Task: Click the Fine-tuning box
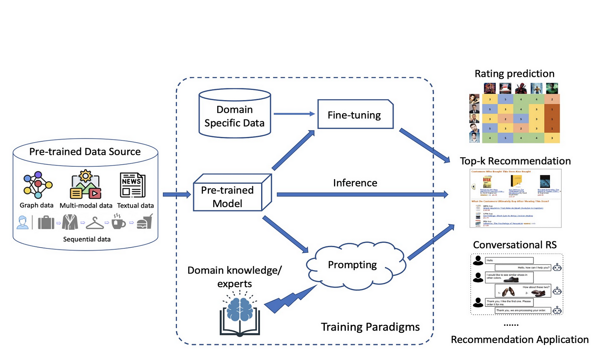(x=354, y=115)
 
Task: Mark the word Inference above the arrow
(x=355, y=183)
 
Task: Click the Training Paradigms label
(x=370, y=327)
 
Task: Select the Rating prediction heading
(x=514, y=73)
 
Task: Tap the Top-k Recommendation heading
(x=515, y=161)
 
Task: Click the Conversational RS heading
(x=514, y=245)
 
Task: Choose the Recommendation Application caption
(x=520, y=339)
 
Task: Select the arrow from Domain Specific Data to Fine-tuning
(x=294, y=114)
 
